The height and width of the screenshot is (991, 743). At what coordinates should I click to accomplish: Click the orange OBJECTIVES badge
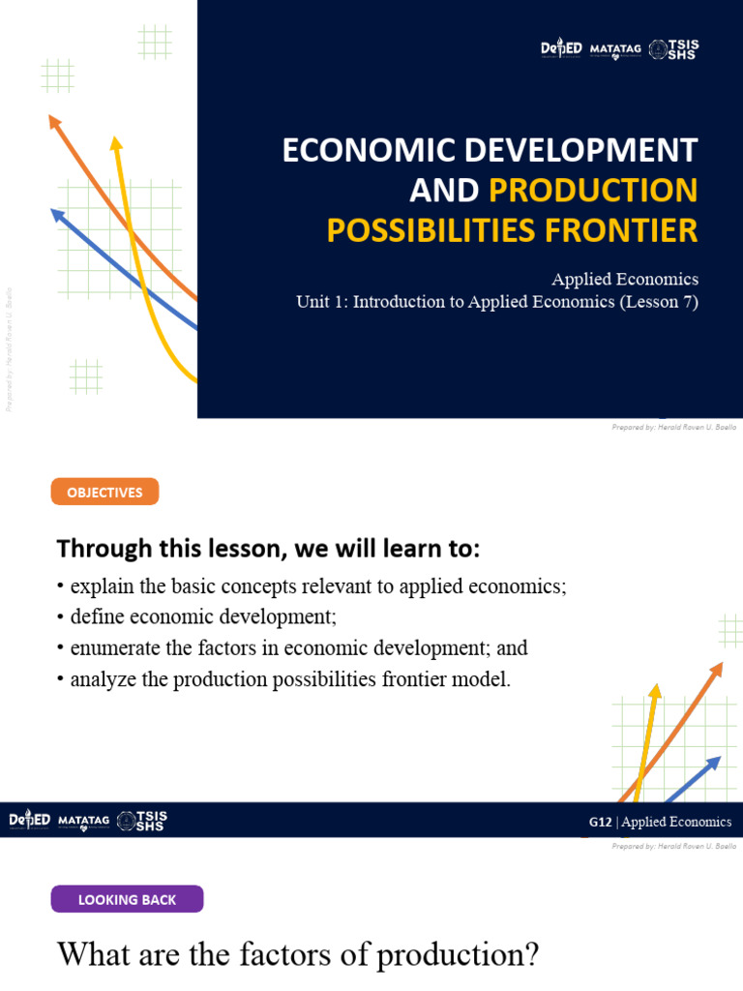pyautogui.click(x=104, y=493)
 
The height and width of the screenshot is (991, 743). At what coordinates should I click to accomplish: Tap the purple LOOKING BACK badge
pyautogui.click(x=127, y=899)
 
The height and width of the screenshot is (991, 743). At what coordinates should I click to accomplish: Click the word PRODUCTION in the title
pyautogui.click(x=592, y=191)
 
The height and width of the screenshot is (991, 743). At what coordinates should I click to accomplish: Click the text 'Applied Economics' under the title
pyautogui.click(x=625, y=279)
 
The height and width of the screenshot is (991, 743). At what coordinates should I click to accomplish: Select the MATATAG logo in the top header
pyautogui.click(x=615, y=49)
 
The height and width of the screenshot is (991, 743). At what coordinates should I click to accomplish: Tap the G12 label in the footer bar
pyautogui.click(x=600, y=823)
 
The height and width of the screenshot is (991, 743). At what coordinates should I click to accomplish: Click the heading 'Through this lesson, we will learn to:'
pyautogui.click(x=268, y=549)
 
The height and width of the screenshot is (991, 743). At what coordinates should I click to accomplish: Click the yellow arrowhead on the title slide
pyautogui.click(x=117, y=145)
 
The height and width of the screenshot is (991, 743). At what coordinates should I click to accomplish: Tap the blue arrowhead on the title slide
pyautogui.click(x=57, y=216)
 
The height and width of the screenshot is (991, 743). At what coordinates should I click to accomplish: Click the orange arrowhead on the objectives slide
pyautogui.click(x=717, y=668)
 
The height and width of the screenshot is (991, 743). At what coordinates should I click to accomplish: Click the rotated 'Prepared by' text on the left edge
pyautogui.click(x=10, y=348)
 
